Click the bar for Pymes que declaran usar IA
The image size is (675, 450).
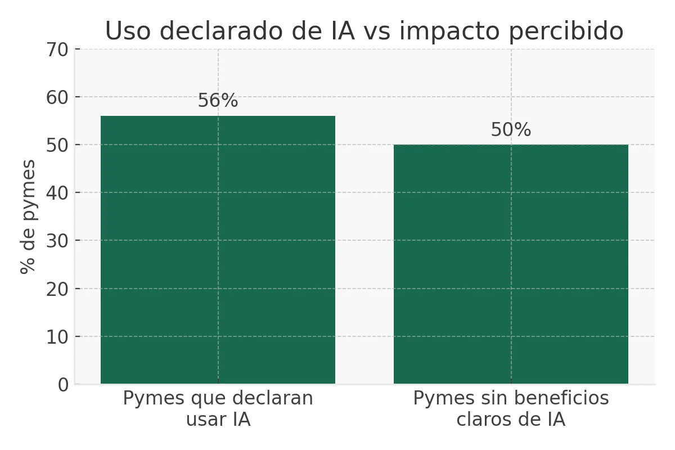click(x=218, y=250)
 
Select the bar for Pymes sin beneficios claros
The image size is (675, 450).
click(x=511, y=264)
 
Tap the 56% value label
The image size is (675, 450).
click(x=218, y=101)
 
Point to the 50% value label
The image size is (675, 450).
click(x=511, y=130)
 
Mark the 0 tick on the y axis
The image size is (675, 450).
click(x=63, y=385)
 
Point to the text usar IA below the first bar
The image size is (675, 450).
click(x=218, y=420)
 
